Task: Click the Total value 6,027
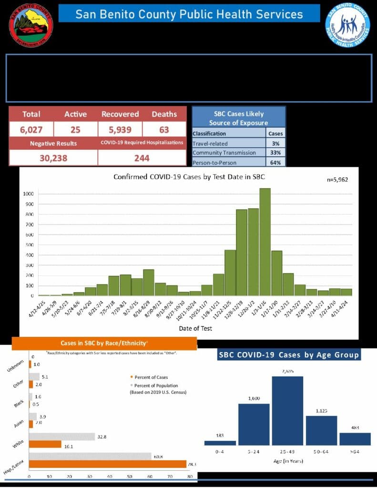click(31, 129)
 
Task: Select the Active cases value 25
click(75, 129)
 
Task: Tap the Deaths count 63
click(164, 129)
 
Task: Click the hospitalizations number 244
click(142, 158)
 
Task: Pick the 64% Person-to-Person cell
click(275, 163)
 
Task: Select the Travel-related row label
click(210, 143)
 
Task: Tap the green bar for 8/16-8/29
click(148, 283)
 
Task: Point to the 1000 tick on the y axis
click(28, 194)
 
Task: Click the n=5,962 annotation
click(337, 180)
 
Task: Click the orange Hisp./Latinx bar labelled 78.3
click(108, 464)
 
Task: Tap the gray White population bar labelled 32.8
click(62, 437)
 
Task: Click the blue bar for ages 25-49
click(294, 411)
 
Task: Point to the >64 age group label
click(355, 451)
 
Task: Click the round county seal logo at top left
click(31, 25)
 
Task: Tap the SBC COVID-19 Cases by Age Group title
click(289, 355)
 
